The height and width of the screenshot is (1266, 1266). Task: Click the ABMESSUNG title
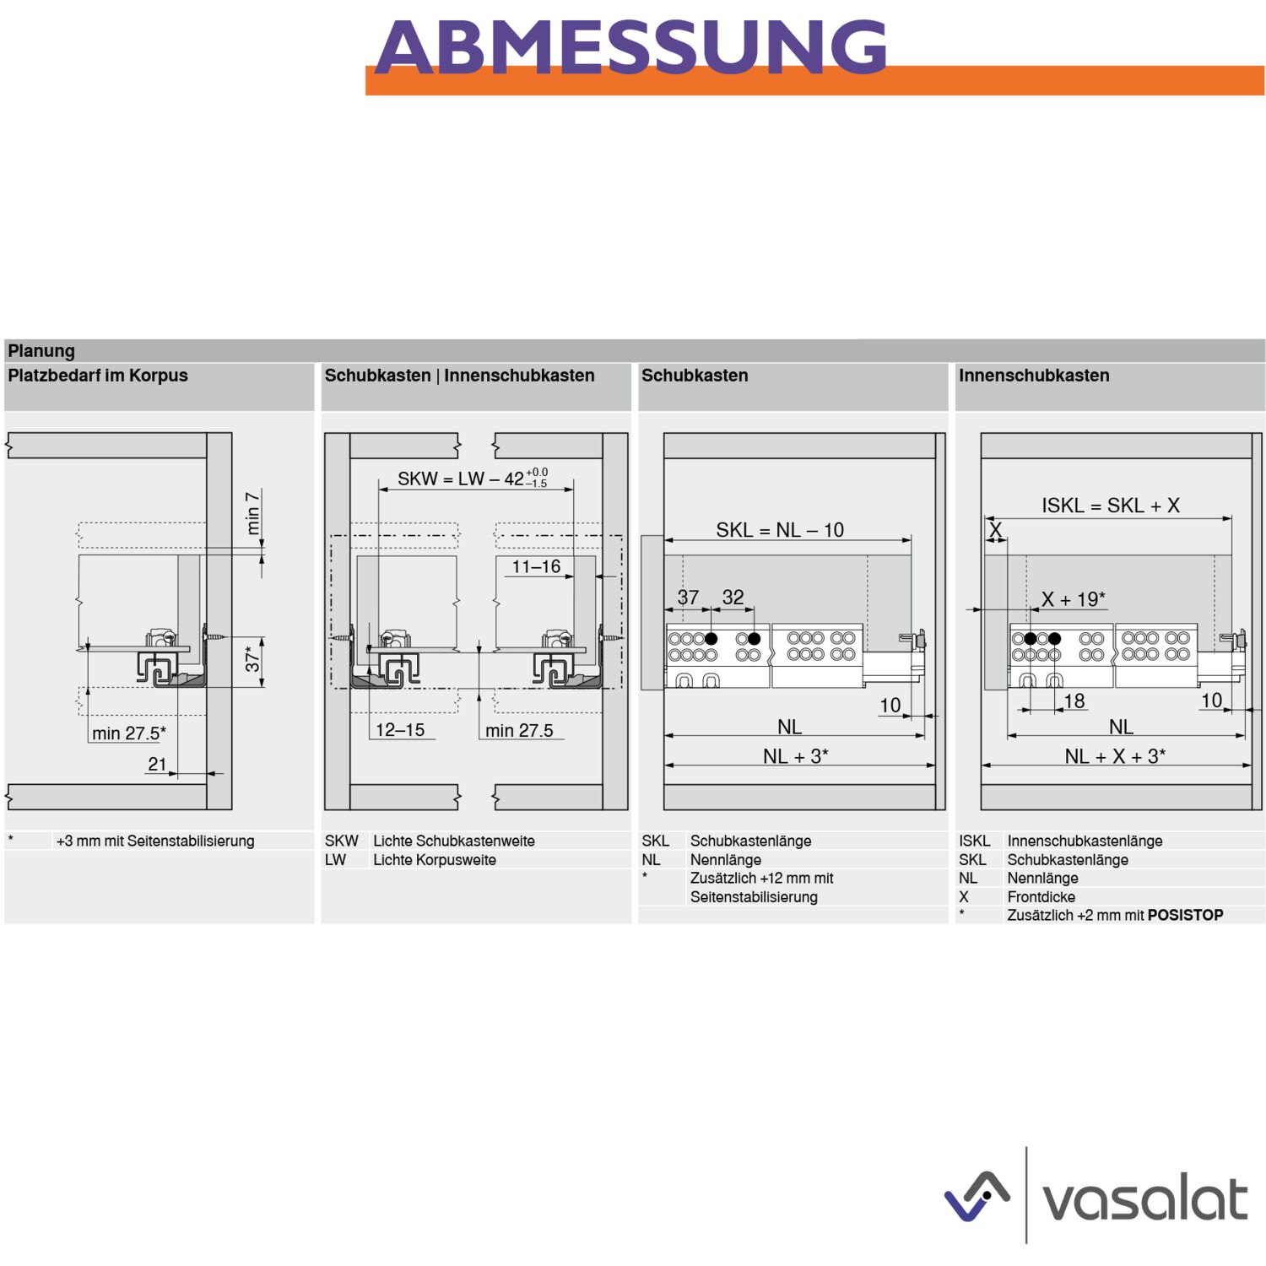(x=630, y=47)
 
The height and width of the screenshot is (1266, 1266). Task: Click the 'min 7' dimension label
(x=252, y=512)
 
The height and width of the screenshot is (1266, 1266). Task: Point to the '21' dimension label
(x=158, y=764)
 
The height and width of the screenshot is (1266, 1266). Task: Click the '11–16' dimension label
(x=537, y=566)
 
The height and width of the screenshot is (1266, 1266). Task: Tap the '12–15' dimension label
(x=400, y=729)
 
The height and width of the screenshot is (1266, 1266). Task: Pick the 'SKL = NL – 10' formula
(x=780, y=530)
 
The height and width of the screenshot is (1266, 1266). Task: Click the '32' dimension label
(x=733, y=597)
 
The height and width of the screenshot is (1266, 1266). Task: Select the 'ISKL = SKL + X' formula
(x=1111, y=506)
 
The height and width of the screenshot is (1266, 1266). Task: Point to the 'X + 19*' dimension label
(x=1074, y=599)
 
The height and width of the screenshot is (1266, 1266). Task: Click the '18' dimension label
(x=1074, y=701)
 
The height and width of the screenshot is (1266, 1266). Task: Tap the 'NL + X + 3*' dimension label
(x=1115, y=756)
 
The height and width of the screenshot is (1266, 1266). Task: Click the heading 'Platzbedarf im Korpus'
(x=98, y=376)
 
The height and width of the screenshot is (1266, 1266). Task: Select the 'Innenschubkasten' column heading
(x=1034, y=376)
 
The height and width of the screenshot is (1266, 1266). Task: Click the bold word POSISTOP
(x=1185, y=915)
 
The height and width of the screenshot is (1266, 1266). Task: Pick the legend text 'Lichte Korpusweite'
(x=435, y=860)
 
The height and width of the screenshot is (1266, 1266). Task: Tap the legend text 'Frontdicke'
(x=1041, y=897)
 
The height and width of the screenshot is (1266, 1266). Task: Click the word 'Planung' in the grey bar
(x=41, y=351)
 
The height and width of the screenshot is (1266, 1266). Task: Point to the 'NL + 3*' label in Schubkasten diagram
(x=796, y=756)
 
